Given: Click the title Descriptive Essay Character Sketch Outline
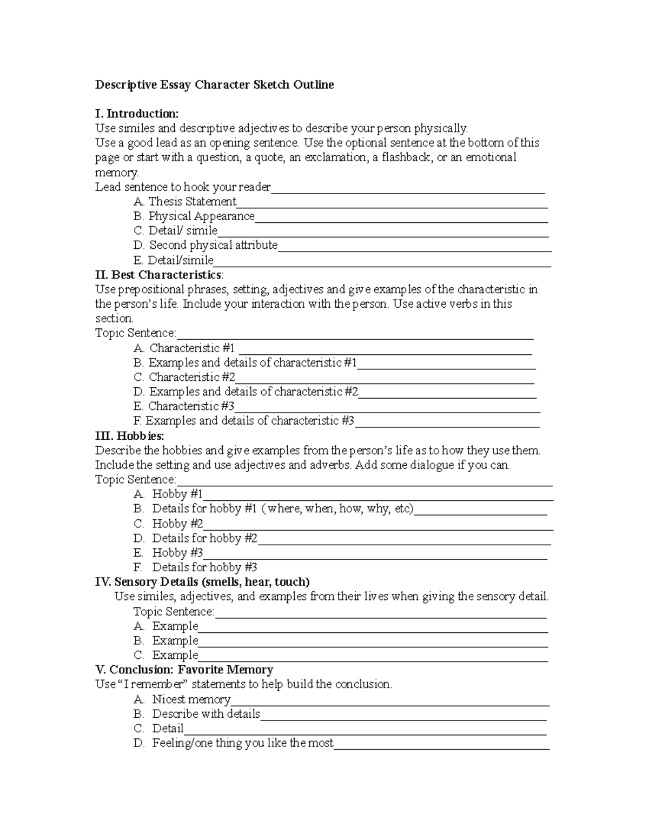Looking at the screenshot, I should click(214, 85).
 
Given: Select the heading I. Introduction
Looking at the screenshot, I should click(136, 114).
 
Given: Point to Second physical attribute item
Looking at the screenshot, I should click(213, 246).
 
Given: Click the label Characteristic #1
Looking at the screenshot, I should click(192, 348).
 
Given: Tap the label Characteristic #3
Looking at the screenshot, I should click(191, 406).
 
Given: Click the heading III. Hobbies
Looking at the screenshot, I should click(129, 436).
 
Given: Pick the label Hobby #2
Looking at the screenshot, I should click(177, 524).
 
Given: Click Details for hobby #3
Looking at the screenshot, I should click(204, 567).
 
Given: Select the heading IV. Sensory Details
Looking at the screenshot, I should click(202, 582).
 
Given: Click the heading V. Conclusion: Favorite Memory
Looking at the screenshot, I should click(184, 670).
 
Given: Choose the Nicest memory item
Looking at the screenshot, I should click(191, 699).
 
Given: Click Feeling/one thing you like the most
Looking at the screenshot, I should click(242, 743).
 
